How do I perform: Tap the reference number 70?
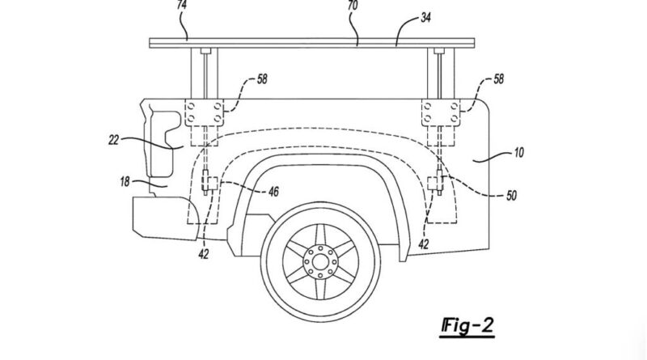tap(353, 6)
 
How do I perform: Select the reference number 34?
tap(425, 18)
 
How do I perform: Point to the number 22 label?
tap(113, 140)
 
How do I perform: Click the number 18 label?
tap(125, 181)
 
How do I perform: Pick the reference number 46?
tap(273, 191)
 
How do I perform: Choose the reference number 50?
tap(511, 195)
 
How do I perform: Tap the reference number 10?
tap(519, 153)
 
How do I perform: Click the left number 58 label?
tap(262, 78)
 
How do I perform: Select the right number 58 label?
tap(498, 78)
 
